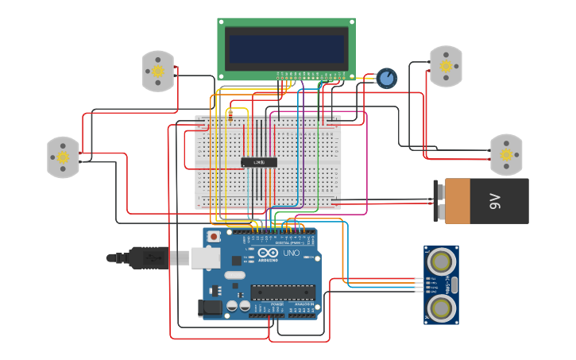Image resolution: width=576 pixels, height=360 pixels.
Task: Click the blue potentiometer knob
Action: click(x=386, y=78)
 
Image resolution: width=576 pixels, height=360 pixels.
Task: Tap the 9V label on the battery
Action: click(x=494, y=200)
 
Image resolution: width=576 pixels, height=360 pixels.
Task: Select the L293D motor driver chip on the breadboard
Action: click(x=259, y=162)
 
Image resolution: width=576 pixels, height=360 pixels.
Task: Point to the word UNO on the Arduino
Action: click(x=292, y=253)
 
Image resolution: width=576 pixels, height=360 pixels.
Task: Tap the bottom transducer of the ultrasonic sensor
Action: click(x=440, y=307)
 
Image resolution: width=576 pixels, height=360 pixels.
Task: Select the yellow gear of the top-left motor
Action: click(x=157, y=72)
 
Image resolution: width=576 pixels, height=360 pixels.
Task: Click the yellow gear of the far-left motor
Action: click(x=63, y=157)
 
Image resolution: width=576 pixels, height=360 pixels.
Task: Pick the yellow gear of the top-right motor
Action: click(x=446, y=66)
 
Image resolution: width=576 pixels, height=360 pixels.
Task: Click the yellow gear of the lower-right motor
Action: click(x=505, y=155)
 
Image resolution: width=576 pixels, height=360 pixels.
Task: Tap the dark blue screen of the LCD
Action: click(x=286, y=48)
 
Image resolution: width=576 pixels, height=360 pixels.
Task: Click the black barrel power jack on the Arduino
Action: click(x=210, y=308)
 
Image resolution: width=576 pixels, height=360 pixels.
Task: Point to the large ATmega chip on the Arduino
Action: click(x=282, y=292)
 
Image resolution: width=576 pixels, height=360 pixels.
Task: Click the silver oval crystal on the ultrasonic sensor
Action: click(x=454, y=284)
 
